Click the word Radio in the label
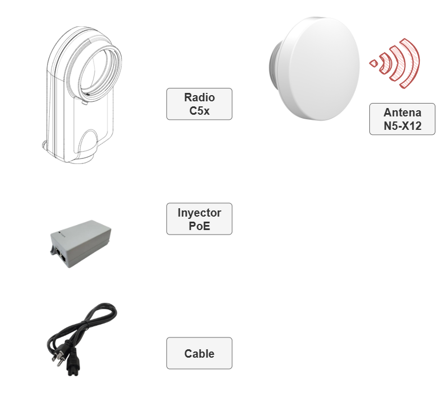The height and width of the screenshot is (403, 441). point(199,97)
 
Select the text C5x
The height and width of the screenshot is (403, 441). point(199,110)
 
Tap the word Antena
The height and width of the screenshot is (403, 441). point(402,112)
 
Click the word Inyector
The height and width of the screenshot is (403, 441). point(199,213)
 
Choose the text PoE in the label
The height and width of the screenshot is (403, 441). point(199,226)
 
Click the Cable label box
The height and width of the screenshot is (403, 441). point(199,353)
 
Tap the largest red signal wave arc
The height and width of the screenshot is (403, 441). point(411,62)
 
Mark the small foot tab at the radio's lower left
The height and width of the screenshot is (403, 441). point(46,147)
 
